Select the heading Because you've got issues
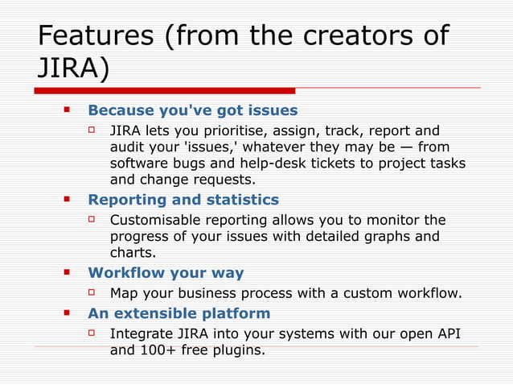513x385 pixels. [x=192, y=110]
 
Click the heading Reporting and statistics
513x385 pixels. [x=183, y=200]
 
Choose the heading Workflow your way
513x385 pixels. [x=166, y=273]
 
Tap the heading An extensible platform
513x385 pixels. [x=179, y=313]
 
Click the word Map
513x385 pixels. [x=123, y=293]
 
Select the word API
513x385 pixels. [x=445, y=333]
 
